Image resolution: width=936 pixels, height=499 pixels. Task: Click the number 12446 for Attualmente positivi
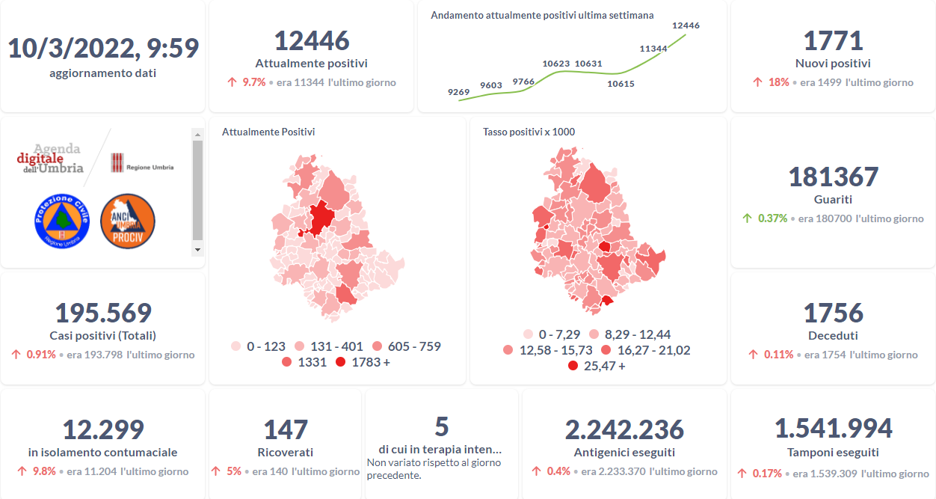click(311, 40)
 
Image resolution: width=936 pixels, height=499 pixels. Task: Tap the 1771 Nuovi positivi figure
click(833, 40)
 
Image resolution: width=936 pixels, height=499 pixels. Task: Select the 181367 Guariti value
click(833, 177)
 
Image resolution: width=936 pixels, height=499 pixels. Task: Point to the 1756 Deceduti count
click(833, 313)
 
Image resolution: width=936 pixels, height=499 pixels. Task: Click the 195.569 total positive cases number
click(103, 313)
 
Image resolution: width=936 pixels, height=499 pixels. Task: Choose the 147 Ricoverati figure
click(285, 429)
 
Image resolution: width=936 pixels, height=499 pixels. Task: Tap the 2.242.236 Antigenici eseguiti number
click(624, 429)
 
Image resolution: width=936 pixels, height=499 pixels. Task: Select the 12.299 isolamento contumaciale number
click(103, 429)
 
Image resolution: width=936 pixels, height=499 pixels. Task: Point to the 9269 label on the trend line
click(458, 92)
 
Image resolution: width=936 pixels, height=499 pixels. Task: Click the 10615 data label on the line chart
click(621, 84)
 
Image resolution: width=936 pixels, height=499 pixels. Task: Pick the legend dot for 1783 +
click(341, 363)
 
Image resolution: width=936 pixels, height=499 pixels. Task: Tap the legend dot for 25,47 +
click(573, 366)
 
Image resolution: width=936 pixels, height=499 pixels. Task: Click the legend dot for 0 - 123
click(235, 346)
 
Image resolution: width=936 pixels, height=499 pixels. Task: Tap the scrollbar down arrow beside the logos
click(197, 249)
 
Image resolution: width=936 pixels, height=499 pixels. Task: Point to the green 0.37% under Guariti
click(772, 218)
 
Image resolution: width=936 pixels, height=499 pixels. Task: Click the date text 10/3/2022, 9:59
click(103, 49)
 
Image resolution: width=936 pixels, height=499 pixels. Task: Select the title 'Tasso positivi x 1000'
click(529, 132)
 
